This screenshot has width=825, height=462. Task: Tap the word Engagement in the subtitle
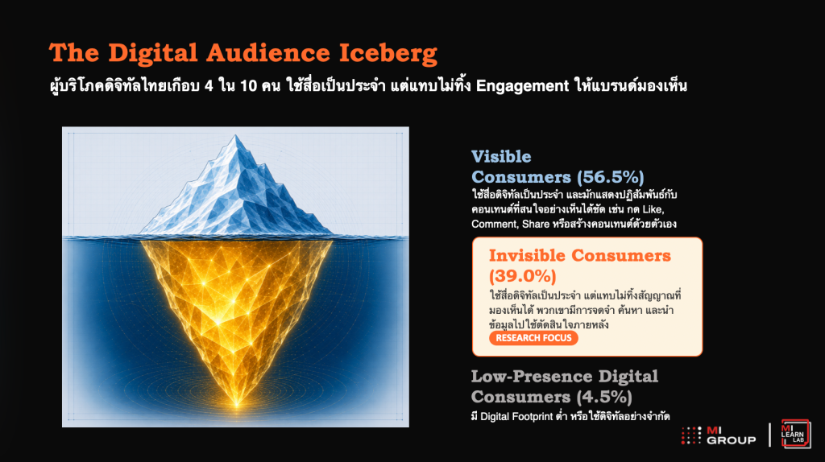522,85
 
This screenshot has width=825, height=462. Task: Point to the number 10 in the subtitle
248,85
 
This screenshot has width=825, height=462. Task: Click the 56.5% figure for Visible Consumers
611,178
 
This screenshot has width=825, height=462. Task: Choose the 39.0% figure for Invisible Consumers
522,276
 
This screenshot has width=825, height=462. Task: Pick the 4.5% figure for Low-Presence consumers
604,397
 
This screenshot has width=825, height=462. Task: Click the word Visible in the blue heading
501,157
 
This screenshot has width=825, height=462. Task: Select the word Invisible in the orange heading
527,255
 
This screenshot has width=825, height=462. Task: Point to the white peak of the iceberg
235,138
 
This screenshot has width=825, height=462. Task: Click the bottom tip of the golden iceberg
237,405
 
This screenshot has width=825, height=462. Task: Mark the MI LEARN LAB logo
795,434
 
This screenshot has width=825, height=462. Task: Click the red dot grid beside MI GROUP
690,435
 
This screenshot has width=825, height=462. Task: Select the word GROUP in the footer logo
731,440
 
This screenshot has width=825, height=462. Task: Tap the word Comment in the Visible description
494,225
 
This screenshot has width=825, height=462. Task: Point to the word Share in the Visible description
536,225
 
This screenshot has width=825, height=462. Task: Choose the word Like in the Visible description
653,210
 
